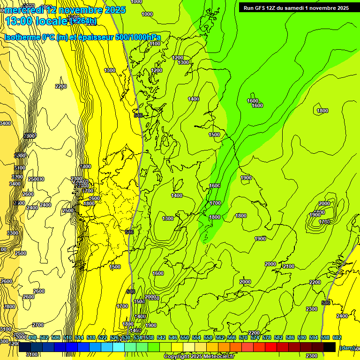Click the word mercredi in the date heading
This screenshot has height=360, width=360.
point(23,10)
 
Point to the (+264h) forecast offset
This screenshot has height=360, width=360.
point(83,21)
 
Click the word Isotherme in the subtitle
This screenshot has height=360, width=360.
point(22,37)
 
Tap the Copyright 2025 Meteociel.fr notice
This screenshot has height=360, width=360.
point(199,357)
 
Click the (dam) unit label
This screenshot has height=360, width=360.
point(347,348)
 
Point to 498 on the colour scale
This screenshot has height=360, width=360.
point(32,338)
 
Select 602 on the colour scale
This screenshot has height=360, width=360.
point(337,338)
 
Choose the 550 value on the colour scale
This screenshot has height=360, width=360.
point(185,338)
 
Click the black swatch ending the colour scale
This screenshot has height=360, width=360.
point(330,347)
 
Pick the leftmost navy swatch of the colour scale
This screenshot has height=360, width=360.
point(25,347)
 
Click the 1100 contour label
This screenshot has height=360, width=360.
point(155,44)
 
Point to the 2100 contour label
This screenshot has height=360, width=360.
point(289,266)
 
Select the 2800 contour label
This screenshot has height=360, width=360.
point(9,307)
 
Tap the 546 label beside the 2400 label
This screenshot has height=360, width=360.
point(326,303)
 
